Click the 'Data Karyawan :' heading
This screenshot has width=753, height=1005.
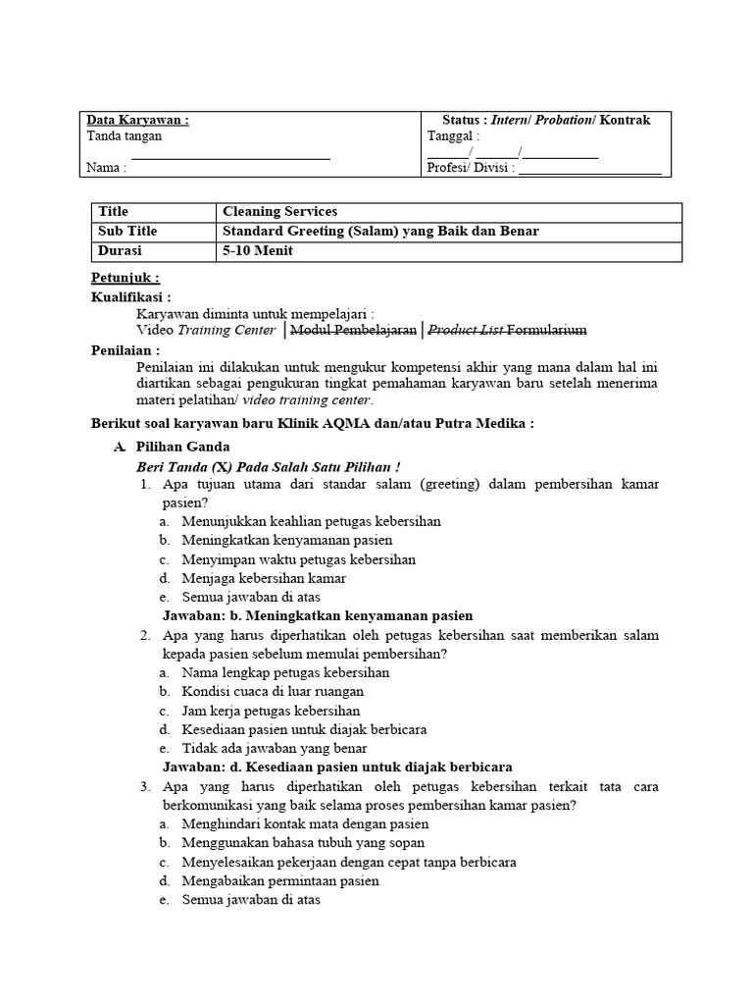138,120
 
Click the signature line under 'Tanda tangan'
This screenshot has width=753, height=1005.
230,157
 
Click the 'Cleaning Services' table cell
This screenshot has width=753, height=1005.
280,212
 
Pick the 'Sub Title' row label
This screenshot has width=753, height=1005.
127,232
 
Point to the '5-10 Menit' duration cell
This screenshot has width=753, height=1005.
258,250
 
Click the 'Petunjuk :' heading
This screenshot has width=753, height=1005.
125,278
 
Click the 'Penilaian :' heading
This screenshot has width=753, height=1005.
125,349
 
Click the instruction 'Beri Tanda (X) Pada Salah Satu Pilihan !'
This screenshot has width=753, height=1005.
270,466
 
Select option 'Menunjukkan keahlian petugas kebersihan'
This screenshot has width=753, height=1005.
311,521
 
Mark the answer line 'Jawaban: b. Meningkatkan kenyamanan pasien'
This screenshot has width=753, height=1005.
317,615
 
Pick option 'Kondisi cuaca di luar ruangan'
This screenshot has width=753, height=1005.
272,692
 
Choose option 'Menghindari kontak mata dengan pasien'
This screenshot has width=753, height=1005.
305,824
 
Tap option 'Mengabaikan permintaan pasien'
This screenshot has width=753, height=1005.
280,880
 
